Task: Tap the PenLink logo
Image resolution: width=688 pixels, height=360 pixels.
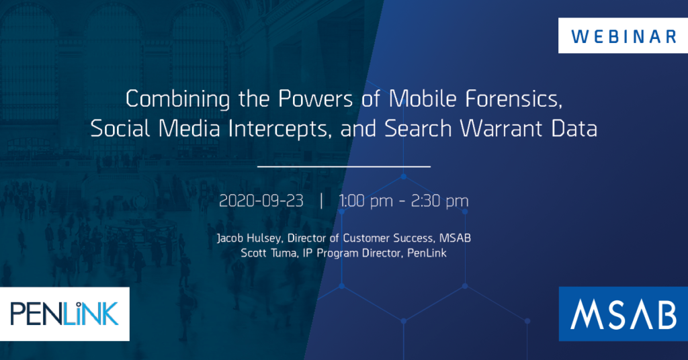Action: point(65,313)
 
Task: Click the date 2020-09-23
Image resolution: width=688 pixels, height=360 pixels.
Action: point(261,201)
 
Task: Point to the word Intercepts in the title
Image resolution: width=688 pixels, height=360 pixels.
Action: point(276,129)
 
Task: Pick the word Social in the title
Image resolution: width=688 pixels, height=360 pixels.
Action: point(118,129)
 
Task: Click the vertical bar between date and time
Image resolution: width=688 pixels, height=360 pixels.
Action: point(322,201)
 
